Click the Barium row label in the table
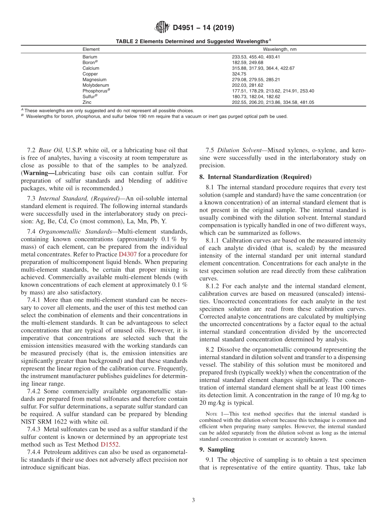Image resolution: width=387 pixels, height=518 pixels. click(x=90, y=57)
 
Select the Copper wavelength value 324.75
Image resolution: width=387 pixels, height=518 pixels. click(x=239, y=74)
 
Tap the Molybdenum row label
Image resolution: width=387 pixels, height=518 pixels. click(x=95, y=86)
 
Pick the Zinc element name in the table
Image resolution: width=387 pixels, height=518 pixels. click(x=87, y=103)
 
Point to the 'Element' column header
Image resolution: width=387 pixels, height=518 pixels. click(x=91, y=49)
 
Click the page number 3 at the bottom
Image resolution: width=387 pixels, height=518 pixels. click(x=193, y=500)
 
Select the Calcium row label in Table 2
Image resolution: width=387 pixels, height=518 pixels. click(x=90, y=68)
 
